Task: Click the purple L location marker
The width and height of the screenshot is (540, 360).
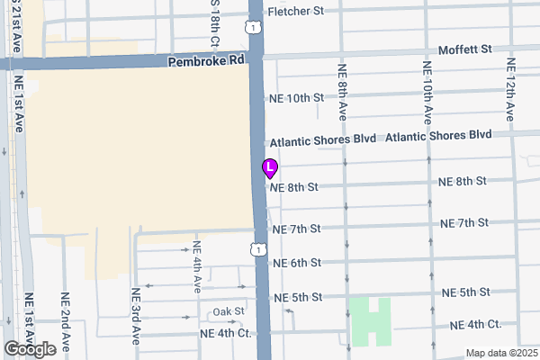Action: click(x=269, y=168)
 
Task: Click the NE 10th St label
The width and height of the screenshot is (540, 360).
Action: click(x=295, y=97)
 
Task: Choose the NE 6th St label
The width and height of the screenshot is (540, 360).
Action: click(x=296, y=263)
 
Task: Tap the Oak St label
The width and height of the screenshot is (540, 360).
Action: click(x=229, y=311)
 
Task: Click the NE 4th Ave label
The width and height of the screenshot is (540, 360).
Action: click(x=197, y=266)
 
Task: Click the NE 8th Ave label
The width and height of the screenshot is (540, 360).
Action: click(x=342, y=91)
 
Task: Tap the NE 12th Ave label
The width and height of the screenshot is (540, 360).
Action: click(x=510, y=89)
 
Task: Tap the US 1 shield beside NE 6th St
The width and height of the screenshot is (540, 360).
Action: click(x=258, y=247)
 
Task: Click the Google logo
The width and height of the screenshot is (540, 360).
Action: click(x=31, y=348)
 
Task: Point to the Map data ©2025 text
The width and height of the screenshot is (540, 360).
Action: click(x=500, y=352)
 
